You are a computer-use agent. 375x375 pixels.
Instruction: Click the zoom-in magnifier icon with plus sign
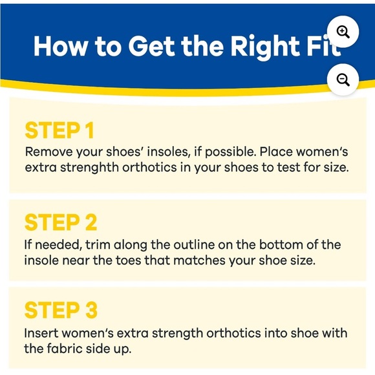tap(343, 32)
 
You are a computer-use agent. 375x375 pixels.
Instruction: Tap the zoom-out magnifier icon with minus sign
tap(343, 80)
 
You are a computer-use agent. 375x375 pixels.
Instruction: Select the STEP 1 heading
tap(59, 130)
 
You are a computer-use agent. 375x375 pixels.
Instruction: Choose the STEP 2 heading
tap(61, 222)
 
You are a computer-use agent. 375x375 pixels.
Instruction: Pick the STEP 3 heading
tap(61, 310)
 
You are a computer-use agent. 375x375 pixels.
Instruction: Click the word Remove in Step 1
tap(48, 151)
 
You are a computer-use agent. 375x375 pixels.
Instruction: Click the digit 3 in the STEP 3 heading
tap(90, 310)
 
